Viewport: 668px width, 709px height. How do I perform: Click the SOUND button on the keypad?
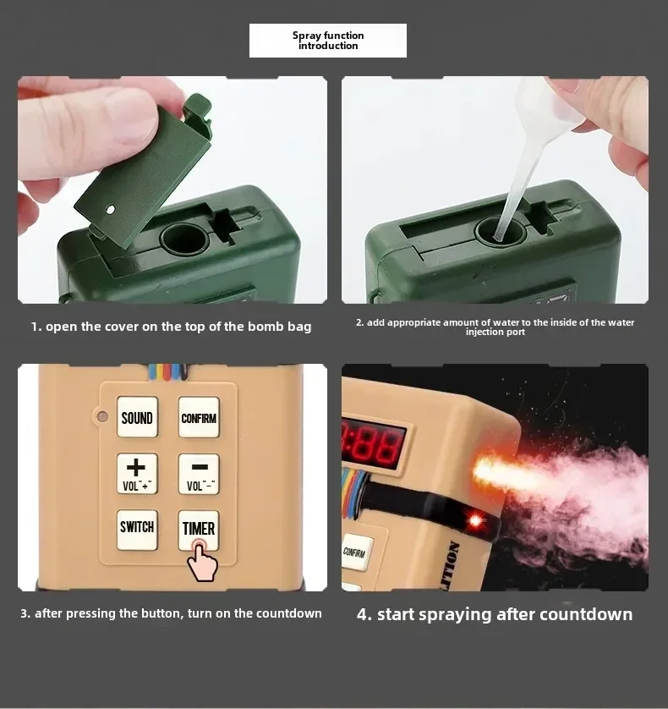(137, 417)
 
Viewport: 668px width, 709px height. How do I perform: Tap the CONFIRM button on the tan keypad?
(199, 417)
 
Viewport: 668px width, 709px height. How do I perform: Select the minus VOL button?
(199, 474)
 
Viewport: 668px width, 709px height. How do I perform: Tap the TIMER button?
(199, 529)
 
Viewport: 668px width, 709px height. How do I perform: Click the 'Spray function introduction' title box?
(328, 41)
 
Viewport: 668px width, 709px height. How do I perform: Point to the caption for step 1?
(172, 327)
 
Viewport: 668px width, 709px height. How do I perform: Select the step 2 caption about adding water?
(495, 327)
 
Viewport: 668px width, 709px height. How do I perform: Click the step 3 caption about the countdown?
(172, 613)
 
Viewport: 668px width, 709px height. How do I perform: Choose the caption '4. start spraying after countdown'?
(495, 614)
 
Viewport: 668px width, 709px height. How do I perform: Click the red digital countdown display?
(372, 442)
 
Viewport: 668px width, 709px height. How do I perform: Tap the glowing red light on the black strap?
(476, 520)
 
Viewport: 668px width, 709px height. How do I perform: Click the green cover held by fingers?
(144, 169)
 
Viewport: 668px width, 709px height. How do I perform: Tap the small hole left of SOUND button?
(102, 416)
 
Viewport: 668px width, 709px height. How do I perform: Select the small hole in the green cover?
(111, 209)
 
